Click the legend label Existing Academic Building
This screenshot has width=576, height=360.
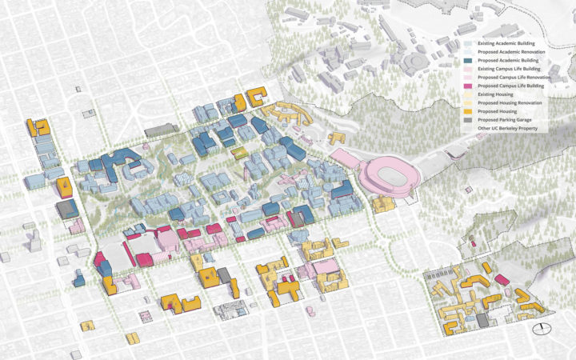click(508, 42)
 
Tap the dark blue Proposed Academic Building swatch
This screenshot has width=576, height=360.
click(469, 60)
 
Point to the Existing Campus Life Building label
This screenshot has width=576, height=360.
click(512, 69)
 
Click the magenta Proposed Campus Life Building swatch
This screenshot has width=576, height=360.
click(469, 86)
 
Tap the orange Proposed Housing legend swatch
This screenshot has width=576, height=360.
click(469, 111)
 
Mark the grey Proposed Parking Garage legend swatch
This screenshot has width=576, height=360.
click(469, 119)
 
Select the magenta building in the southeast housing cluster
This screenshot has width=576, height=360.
click(501, 279)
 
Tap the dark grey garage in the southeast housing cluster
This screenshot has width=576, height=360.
click(482, 320)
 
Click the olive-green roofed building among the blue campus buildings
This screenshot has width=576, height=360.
click(237, 151)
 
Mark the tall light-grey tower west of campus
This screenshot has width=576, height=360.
click(33, 238)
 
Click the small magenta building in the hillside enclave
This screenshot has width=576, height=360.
click(473, 243)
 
